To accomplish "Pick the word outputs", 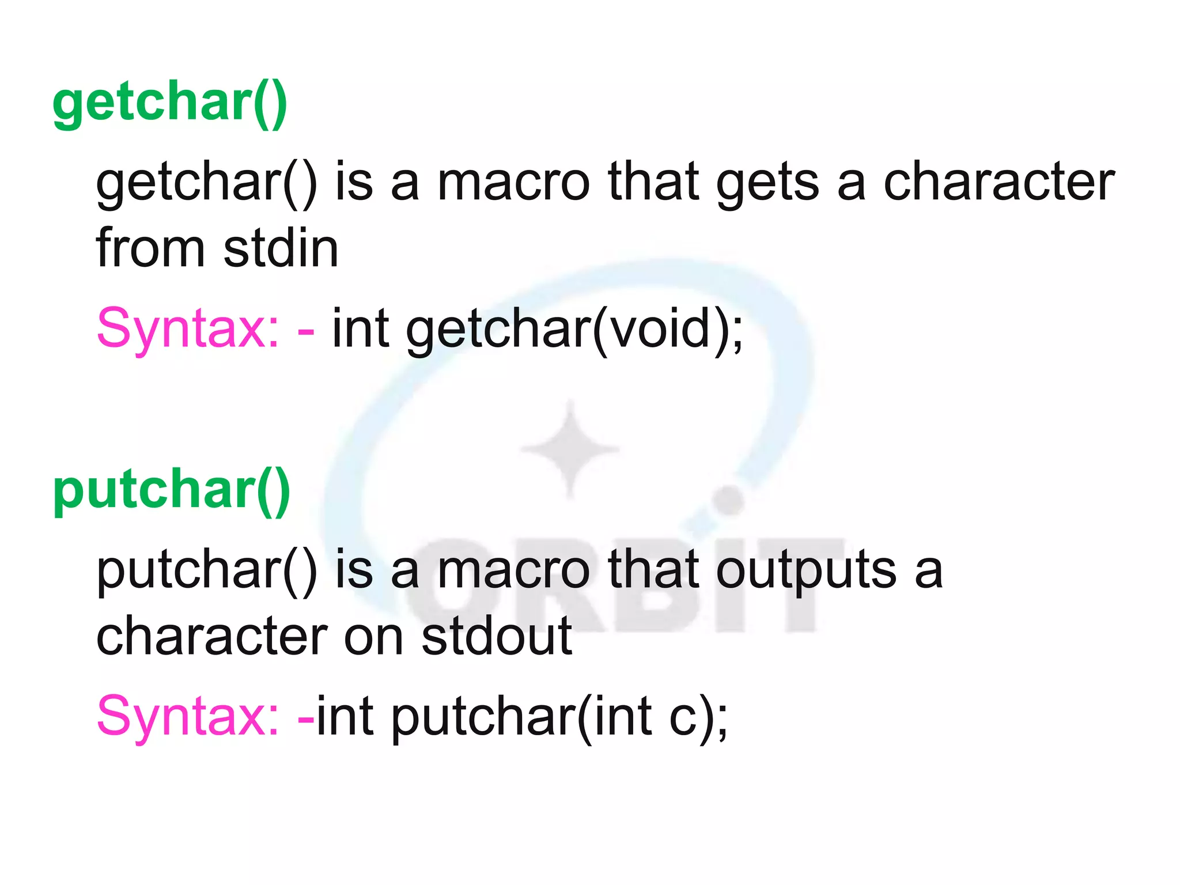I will coord(806,570).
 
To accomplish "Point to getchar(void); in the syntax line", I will coord(575,328).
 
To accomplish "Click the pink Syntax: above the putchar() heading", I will coord(188,328).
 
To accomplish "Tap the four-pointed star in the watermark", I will coord(570,448).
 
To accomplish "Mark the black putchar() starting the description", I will coord(206,570).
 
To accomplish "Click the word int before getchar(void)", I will coord(360,328).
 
